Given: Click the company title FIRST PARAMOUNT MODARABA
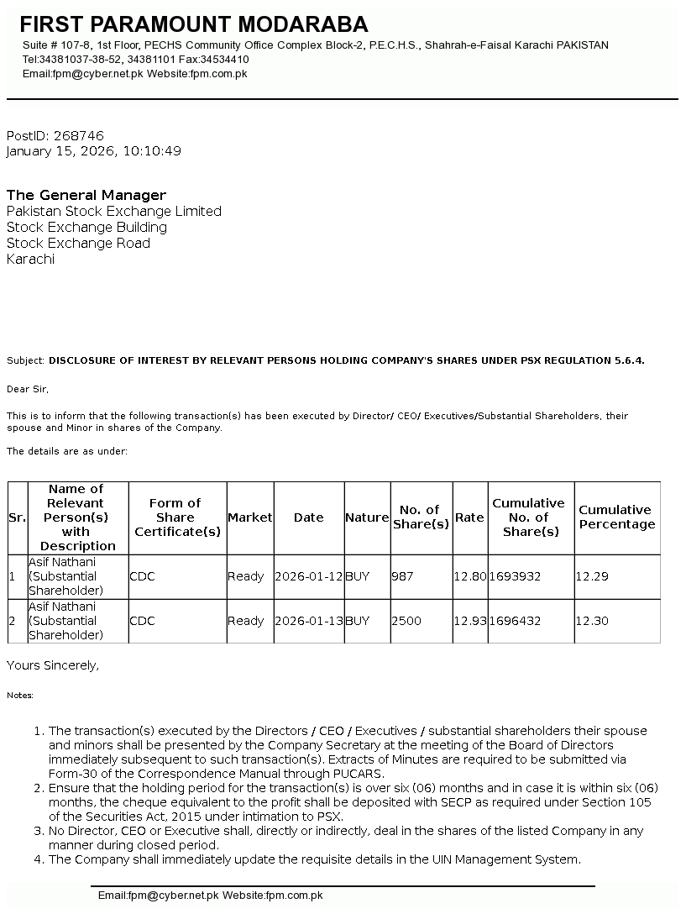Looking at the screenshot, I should pyautogui.click(x=194, y=24).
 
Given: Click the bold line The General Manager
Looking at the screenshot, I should pyautogui.click(x=86, y=195).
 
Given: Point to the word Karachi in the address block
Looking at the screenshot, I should pyautogui.click(x=30, y=259).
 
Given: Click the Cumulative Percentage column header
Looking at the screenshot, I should pyautogui.click(x=616, y=517).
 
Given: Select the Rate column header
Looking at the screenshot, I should pyautogui.click(x=469, y=517).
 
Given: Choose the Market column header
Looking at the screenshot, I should pyautogui.click(x=250, y=517).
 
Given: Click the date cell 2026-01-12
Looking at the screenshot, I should pyautogui.click(x=308, y=576).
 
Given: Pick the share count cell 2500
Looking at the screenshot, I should pyautogui.click(x=406, y=621).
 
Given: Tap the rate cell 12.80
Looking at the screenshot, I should pyautogui.click(x=469, y=576).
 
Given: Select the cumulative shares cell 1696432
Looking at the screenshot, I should pyautogui.click(x=515, y=621).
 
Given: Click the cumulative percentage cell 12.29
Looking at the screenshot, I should pyautogui.click(x=591, y=576).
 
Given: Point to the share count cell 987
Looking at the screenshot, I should pyautogui.click(x=402, y=576).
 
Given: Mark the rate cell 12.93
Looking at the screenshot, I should pyautogui.click(x=469, y=621).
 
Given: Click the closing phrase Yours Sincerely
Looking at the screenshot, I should pyautogui.click(x=53, y=665).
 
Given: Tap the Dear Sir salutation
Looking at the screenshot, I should pyautogui.click(x=28, y=389).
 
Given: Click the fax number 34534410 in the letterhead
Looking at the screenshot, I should pyautogui.click(x=226, y=60).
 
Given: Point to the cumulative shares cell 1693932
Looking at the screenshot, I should pyautogui.click(x=515, y=576).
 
